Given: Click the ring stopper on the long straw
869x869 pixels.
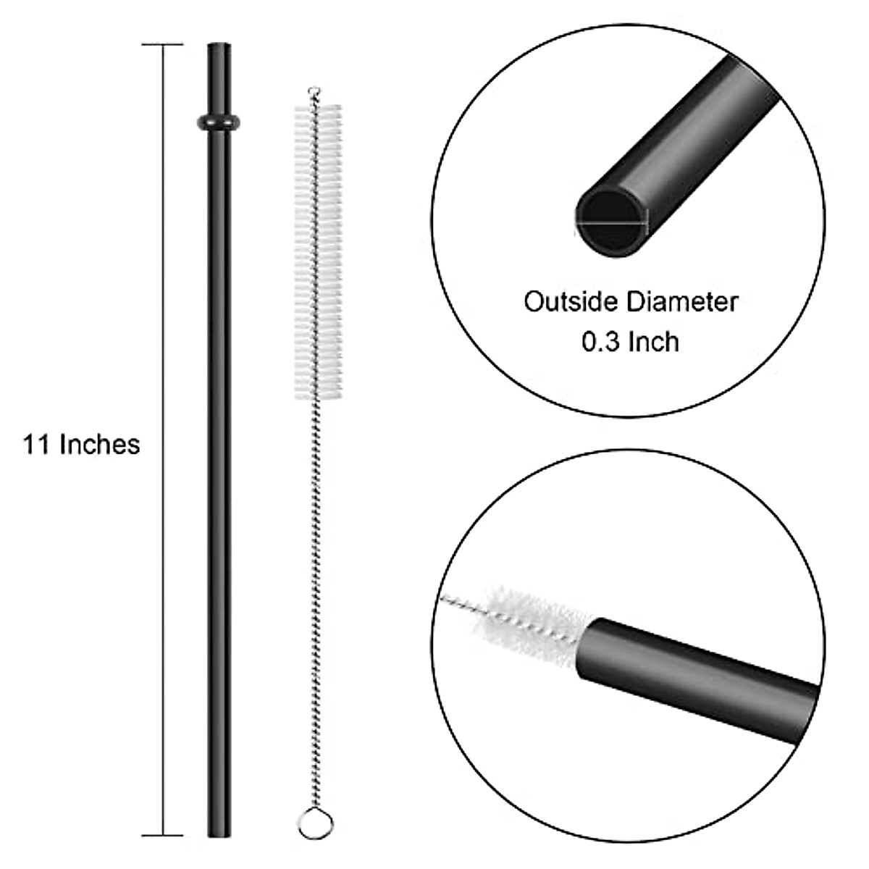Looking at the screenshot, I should [x=219, y=121].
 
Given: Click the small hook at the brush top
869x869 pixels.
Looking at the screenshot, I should [x=313, y=92].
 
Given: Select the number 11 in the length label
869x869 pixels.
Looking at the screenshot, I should [x=36, y=444].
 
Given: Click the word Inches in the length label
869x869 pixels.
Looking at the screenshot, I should [x=99, y=444].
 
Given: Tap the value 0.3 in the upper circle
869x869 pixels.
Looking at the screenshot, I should [x=601, y=341].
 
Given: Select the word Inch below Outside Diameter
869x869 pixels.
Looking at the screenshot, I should [x=653, y=341].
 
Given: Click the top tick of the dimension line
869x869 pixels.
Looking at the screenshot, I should [x=162, y=45].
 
